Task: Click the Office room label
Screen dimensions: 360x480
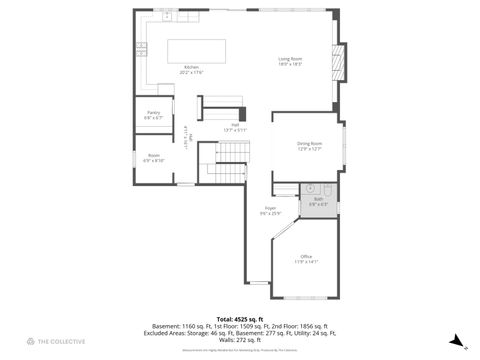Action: coord(306,257)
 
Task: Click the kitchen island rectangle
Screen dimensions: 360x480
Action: coord(198,50)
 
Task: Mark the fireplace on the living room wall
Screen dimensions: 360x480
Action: coord(341,62)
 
